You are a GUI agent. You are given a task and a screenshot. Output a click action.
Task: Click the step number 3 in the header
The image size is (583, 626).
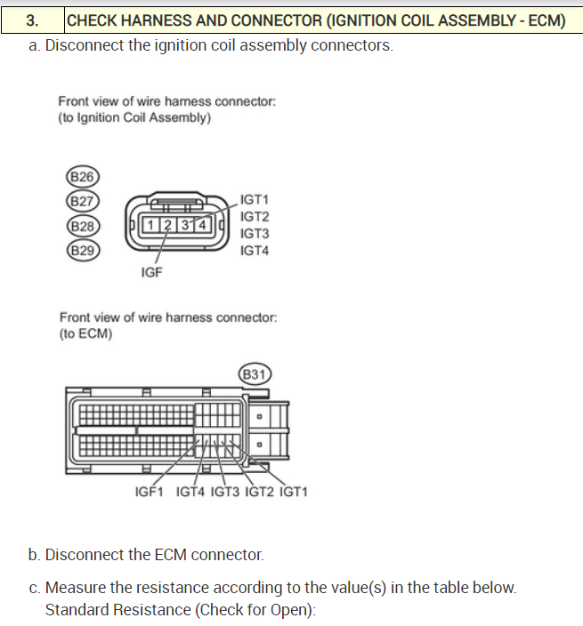pyautogui.click(x=33, y=20)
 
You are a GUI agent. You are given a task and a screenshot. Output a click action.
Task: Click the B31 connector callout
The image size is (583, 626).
pyautogui.click(x=255, y=373)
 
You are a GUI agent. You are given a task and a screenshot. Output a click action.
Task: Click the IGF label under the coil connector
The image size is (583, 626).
pyautogui.click(x=151, y=272)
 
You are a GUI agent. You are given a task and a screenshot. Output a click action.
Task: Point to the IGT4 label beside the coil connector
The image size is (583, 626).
pyautogui.click(x=255, y=251)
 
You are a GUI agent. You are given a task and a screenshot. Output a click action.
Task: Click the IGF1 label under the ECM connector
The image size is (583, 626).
pyautogui.click(x=149, y=491)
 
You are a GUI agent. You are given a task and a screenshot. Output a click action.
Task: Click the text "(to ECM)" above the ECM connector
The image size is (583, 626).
pyautogui.click(x=85, y=333)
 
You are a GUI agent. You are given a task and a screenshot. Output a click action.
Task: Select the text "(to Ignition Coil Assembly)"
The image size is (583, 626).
pyautogui.click(x=134, y=116)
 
